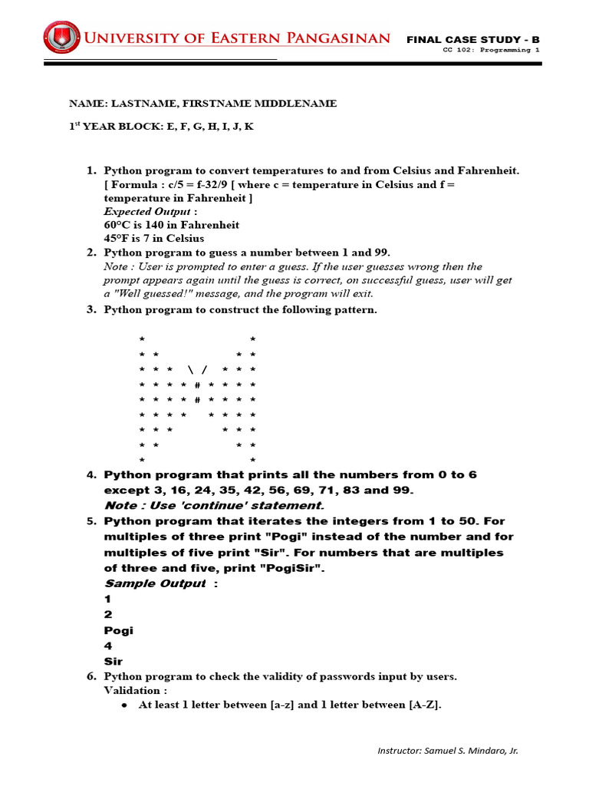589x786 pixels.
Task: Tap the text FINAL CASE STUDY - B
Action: click(472, 39)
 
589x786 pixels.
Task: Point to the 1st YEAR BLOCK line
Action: click(161, 126)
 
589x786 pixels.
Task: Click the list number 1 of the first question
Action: click(90, 170)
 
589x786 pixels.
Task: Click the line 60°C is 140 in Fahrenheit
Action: click(172, 225)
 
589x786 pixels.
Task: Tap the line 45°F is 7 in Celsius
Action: click(154, 239)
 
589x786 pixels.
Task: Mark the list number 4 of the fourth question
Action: click(90, 475)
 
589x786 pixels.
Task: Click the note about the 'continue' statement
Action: click(214, 505)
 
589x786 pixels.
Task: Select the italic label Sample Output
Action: click(155, 583)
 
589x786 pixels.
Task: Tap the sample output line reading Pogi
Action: click(118, 630)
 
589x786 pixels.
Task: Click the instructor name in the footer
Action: click(448, 751)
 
